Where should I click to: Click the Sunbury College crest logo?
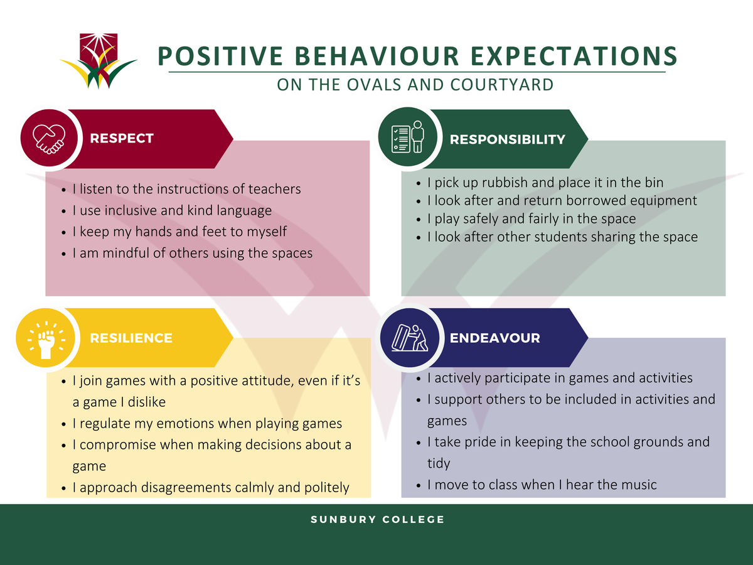(99, 61)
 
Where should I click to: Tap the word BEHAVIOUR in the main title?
(376, 56)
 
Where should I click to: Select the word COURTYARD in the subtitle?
(502, 85)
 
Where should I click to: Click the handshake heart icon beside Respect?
(49, 139)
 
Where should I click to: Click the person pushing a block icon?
(410, 338)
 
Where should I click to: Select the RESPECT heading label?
(122, 138)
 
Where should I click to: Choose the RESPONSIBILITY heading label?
(508, 139)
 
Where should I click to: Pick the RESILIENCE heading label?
(131, 338)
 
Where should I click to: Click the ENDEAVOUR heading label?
(494, 338)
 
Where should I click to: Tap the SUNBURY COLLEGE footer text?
(377, 519)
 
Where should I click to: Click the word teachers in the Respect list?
(274, 189)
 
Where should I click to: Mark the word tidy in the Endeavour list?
(439, 464)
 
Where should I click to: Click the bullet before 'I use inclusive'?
(63, 212)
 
